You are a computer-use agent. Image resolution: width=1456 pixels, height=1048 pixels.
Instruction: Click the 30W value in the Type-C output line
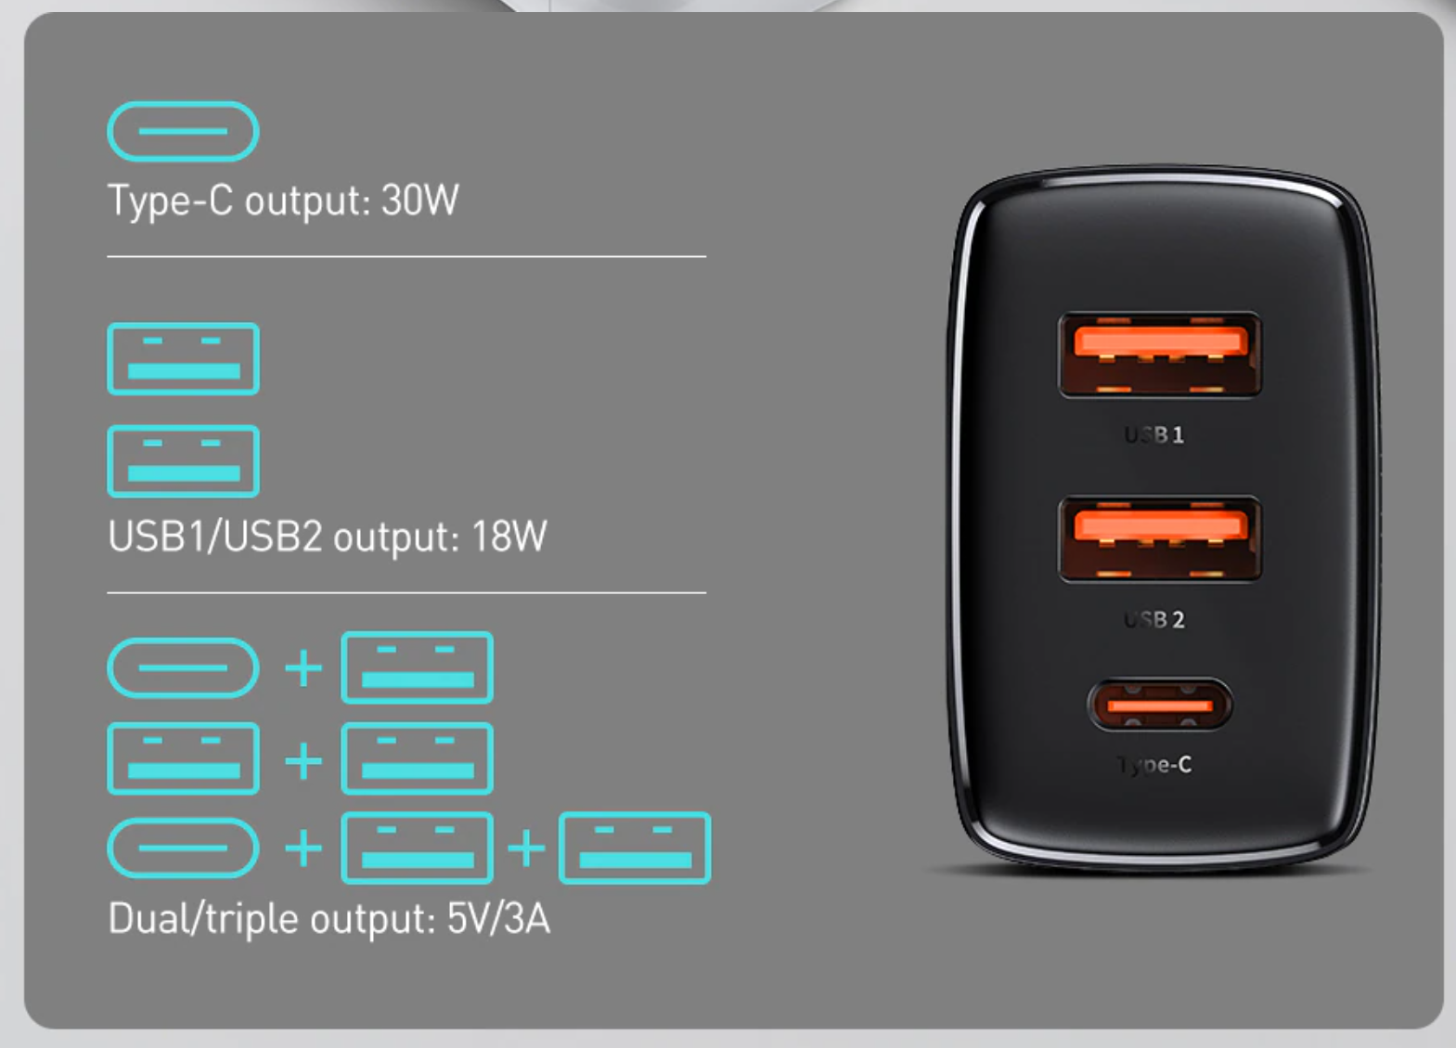tap(419, 201)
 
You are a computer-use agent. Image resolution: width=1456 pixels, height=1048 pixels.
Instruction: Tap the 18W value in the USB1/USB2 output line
tap(509, 537)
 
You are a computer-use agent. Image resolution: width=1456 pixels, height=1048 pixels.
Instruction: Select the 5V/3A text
tap(498, 919)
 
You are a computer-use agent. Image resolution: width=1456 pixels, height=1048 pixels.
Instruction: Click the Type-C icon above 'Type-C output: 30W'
tap(183, 132)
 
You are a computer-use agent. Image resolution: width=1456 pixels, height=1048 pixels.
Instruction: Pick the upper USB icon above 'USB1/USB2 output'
tap(183, 359)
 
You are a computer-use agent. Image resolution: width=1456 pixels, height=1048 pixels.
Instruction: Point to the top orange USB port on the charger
tap(1159, 355)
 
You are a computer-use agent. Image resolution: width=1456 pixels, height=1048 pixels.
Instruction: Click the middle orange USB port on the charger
tap(1159, 538)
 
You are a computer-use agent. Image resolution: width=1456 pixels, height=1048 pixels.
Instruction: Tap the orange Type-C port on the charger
tap(1159, 705)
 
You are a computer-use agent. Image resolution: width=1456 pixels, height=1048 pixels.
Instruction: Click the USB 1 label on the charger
tap(1154, 434)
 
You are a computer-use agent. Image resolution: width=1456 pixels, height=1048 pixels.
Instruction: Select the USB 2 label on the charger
tap(1154, 619)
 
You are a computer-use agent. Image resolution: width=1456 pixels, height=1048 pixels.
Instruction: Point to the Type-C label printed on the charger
tap(1154, 765)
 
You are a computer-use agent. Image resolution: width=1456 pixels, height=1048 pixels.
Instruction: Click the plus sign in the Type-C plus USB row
tap(303, 668)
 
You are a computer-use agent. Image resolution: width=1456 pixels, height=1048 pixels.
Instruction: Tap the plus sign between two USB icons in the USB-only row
tap(303, 761)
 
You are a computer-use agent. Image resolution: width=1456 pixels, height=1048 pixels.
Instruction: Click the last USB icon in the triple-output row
tap(635, 847)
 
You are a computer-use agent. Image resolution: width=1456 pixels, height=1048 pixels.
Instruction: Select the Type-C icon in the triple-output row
tap(183, 847)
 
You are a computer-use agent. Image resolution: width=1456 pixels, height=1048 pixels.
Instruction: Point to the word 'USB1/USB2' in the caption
tap(215, 537)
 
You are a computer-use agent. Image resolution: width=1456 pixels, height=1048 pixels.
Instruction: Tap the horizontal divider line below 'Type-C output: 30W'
tap(406, 256)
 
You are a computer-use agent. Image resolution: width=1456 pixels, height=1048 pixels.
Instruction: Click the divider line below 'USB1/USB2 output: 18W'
tap(406, 592)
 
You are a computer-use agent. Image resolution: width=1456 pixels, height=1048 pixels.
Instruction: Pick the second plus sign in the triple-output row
tap(526, 848)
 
